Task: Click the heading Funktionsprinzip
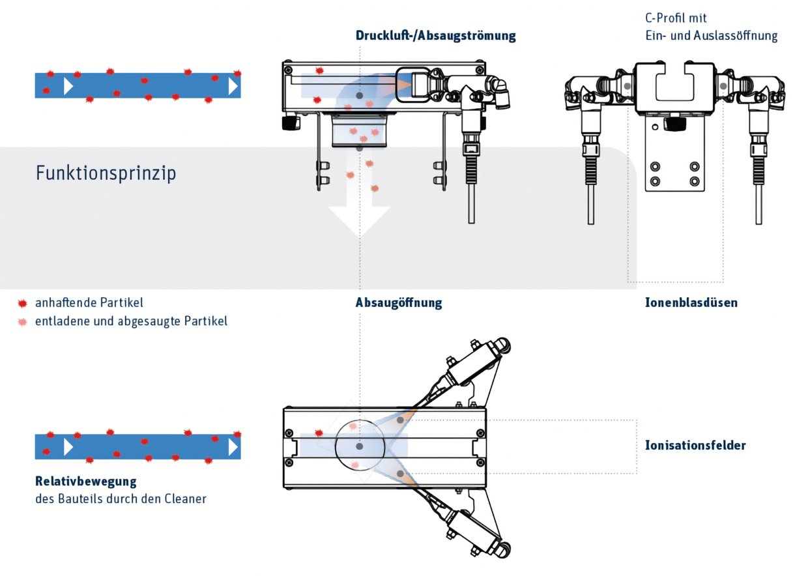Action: (106, 174)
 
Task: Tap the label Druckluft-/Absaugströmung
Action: (435, 36)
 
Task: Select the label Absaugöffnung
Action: (399, 303)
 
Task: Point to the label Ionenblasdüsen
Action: (691, 303)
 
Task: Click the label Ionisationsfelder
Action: (695, 446)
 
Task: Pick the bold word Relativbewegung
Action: (85, 482)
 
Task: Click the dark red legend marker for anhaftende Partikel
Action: (23, 304)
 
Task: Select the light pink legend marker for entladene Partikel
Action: (23, 322)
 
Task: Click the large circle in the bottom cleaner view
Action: (360, 447)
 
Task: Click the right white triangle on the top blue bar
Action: (233, 85)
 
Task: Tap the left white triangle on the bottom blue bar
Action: (68, 446)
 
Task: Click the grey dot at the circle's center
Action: (360, 447)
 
